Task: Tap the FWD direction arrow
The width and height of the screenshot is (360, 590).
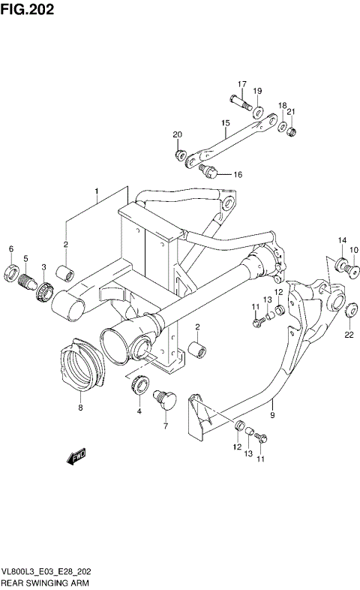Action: (x=76, y=456)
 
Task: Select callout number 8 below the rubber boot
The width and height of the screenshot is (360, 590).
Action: (x=80, y=410)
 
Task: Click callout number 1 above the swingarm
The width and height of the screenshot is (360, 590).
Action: (x=96, y=192)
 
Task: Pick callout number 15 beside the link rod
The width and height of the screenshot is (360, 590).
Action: (x=224, y=122)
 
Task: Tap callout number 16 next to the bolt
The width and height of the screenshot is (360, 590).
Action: (x=238, y=175)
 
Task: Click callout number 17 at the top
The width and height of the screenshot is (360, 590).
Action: (x=242, y=83)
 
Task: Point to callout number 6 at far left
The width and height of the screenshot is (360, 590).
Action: (x=10, y=249)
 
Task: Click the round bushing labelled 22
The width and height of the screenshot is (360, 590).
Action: (x=349, y=306)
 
